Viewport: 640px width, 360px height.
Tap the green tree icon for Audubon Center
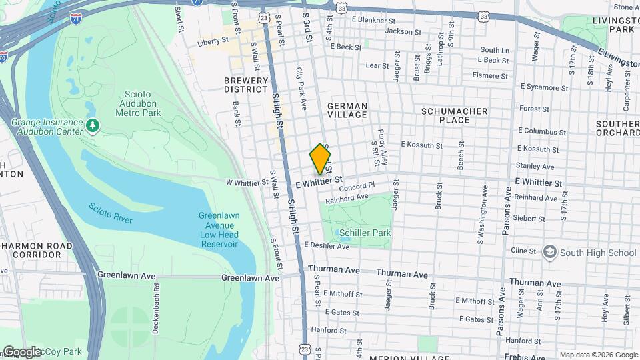point(94,125)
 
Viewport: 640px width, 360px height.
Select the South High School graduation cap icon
point(549,252)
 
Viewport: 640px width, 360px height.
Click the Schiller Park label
point(365,233)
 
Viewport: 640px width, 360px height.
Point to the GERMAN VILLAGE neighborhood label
point(347,111)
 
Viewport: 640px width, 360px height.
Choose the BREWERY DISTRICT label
point(246,85)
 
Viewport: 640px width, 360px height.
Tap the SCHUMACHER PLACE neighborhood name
point(454,115)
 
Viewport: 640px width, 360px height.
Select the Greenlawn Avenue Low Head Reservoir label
point(219,230)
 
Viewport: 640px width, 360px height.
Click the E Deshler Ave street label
point(327,247)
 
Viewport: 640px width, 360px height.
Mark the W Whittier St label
point(247,181)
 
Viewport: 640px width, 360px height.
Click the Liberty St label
point(213,43)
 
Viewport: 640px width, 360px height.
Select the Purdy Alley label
point(382,147)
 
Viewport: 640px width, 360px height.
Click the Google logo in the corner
point(23,351)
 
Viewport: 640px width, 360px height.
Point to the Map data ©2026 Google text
point(598,355)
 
